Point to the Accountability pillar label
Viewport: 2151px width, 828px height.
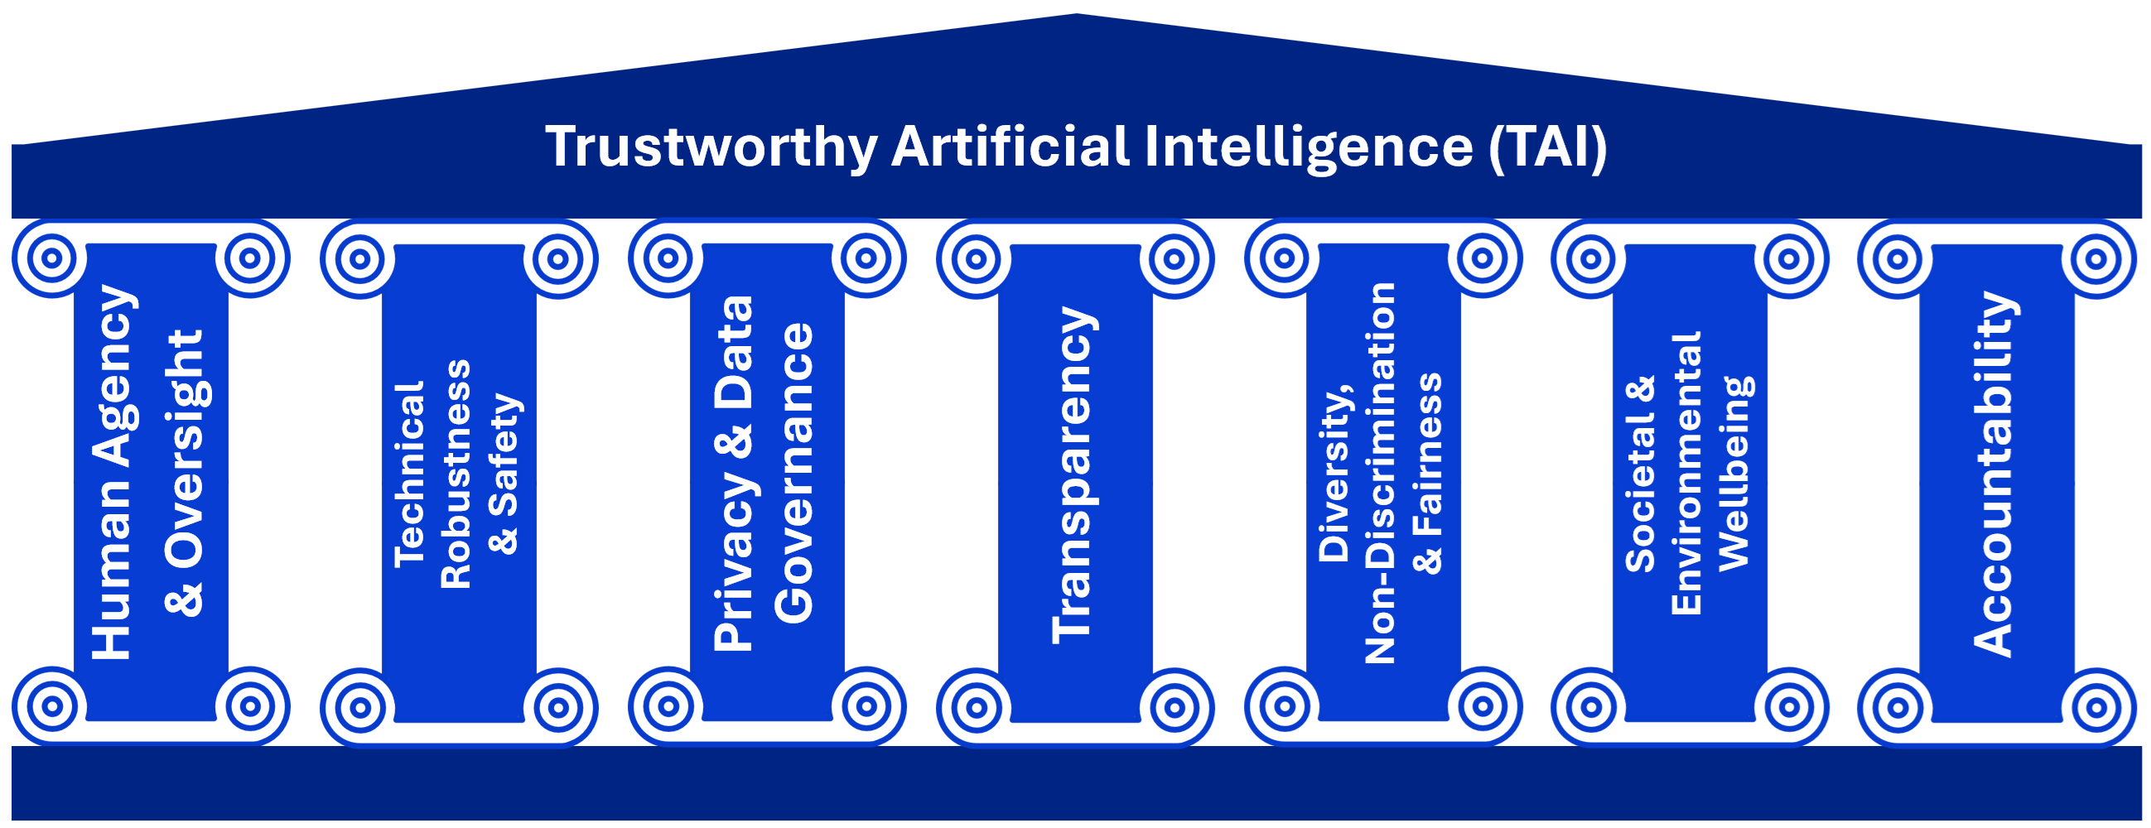tap(1994, 474)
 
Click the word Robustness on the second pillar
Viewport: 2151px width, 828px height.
tap(456, 474)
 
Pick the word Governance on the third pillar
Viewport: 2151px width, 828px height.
tap(793, 474)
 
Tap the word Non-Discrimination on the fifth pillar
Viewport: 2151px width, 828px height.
tap(1380, 474)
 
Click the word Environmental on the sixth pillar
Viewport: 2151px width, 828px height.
tap(1686, 474)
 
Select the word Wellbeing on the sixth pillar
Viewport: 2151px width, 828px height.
tap(1734, 474)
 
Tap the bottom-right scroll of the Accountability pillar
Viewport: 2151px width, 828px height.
tap(2096, 708)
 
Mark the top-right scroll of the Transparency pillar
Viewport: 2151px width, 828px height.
tap(1174, 258)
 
